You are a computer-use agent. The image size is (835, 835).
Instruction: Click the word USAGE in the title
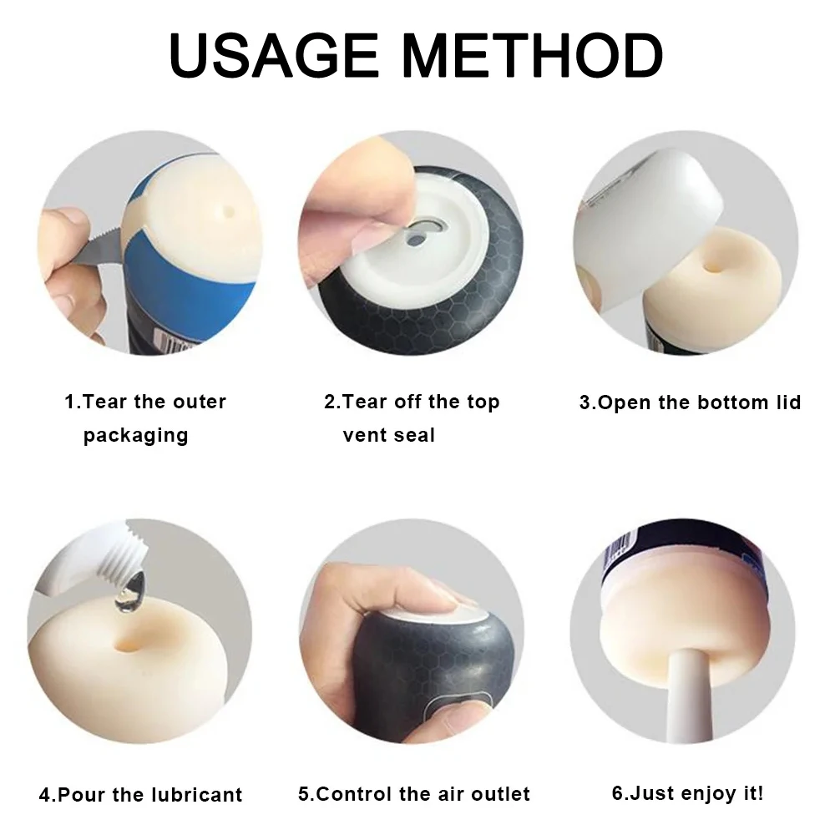tap(274, 55)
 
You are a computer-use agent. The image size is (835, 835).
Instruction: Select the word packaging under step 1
tap(136, 436)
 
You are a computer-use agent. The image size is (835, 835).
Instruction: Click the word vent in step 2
tap(365, 436)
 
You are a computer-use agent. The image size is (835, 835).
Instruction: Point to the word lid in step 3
tap(788, 402)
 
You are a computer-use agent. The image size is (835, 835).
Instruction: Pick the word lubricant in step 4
tap(196, 795)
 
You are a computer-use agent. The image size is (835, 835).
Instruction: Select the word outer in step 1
tap(200, 402)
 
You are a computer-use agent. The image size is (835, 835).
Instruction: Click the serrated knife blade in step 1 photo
tap(103, 246)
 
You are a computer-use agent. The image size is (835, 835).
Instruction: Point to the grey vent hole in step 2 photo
tap(417, 240)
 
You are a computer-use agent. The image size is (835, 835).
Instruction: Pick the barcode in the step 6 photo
tap(618, 548)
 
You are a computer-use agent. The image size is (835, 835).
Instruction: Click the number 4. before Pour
tap(47, 795)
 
